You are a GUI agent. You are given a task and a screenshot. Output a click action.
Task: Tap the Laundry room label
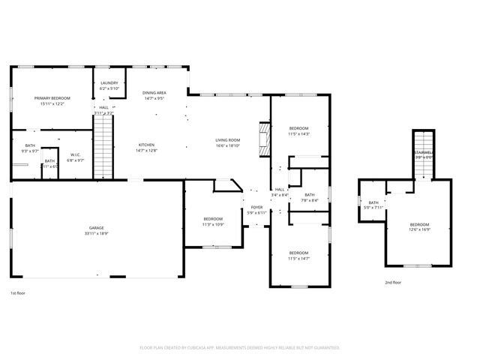point(109,83)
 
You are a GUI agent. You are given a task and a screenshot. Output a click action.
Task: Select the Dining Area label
point(154,93)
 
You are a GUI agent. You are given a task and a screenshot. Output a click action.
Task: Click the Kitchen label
point(146,145)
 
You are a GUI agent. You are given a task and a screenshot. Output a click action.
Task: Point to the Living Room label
point(227,140)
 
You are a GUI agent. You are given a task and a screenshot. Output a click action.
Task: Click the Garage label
point(97,228)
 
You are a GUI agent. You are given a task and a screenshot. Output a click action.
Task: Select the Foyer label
point(256,208)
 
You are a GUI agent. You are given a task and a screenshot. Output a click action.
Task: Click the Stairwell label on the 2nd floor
point(424,152)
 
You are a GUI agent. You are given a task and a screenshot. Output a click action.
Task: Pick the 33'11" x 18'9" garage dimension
point(97,233)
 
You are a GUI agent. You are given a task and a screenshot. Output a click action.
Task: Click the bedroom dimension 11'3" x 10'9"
point(213,224)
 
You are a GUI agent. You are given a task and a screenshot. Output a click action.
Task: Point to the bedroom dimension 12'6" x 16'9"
point(419,230)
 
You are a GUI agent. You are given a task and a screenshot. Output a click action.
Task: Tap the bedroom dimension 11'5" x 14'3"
point(299,133)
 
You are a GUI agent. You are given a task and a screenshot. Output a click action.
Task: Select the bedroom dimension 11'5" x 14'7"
point(298,259)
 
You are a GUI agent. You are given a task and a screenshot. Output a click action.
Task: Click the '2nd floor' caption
point(393,283)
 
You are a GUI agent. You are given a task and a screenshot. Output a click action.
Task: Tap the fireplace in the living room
point(263,139)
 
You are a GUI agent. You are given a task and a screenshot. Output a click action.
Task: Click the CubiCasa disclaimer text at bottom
point(240,347)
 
